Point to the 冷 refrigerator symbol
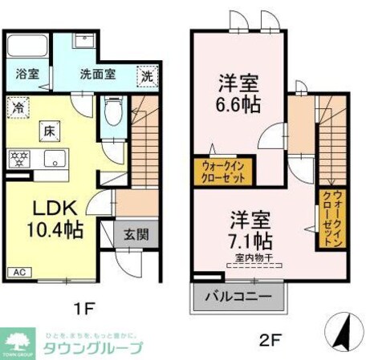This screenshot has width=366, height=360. (18, 103)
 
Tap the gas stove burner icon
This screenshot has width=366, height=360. (18, 158)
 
